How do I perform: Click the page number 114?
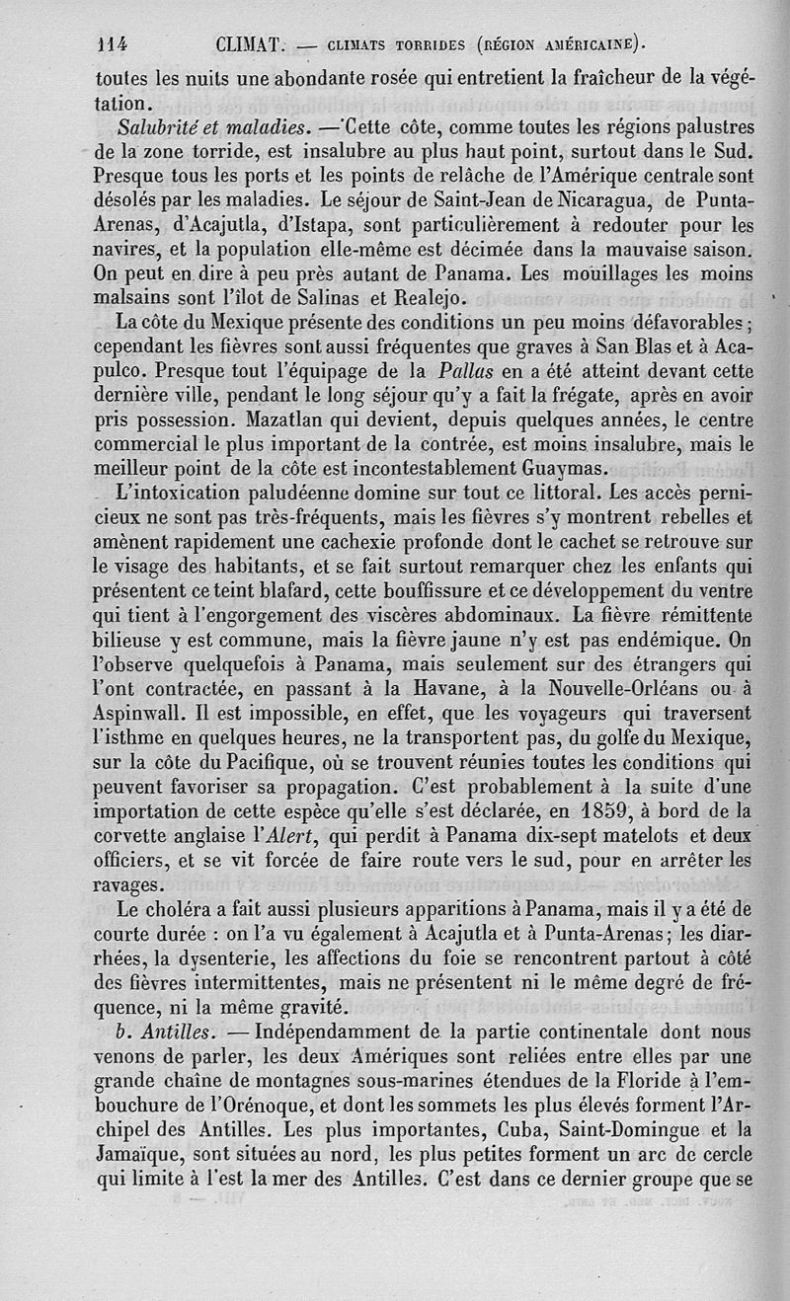118,43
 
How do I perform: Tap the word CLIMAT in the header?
250,43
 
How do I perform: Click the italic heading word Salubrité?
160,128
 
